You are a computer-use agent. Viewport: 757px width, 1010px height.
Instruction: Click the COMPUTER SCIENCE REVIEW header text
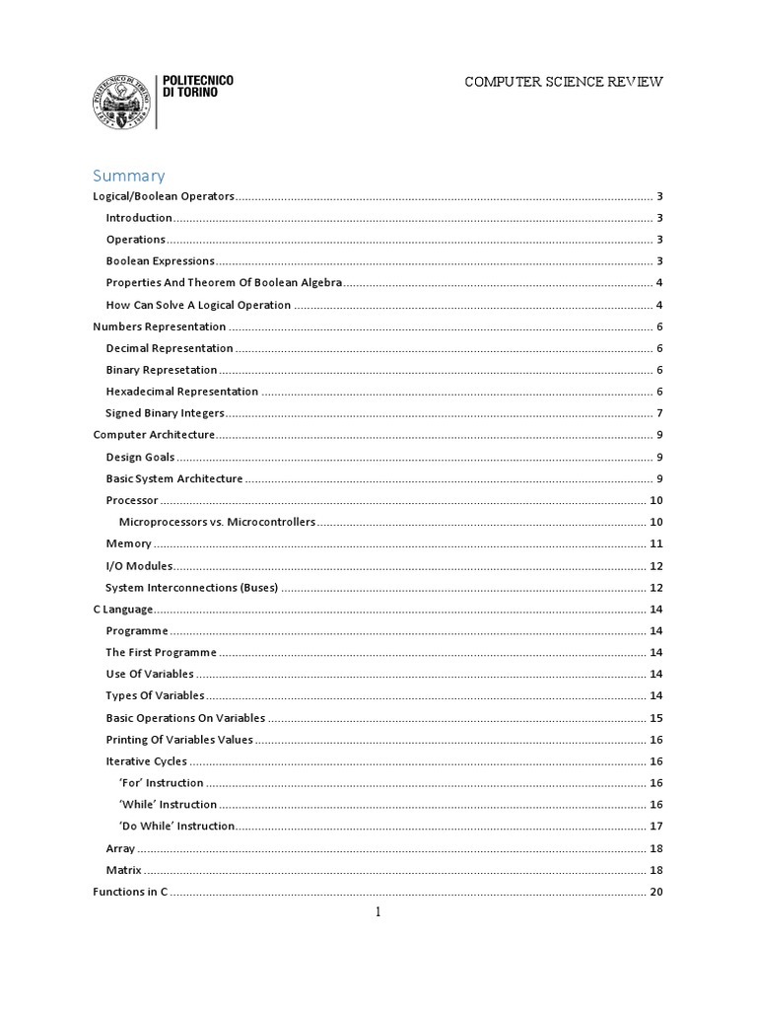pos(564,81)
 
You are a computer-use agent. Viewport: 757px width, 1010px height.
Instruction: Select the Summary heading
pos(129,176)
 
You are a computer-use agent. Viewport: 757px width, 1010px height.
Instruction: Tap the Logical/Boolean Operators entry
pos(164,196)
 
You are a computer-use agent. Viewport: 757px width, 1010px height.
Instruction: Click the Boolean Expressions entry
pos(160,261)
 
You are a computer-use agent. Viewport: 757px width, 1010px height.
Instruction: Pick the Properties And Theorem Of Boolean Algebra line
pos(224,283)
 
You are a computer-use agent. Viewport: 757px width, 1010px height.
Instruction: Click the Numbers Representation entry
pos(160,326)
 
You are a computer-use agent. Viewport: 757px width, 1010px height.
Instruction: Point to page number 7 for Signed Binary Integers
pos(658,413)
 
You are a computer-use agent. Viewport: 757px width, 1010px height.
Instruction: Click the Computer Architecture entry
pos(154,435)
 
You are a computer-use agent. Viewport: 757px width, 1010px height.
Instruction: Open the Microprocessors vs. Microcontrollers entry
pos(217,522)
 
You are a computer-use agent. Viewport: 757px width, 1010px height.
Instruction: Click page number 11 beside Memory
pos(655,543)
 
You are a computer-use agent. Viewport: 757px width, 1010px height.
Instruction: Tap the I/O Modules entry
pos(139,566)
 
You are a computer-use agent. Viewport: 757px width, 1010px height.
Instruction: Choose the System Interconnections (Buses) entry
pos(192,588)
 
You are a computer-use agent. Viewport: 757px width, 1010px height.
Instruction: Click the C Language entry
pos(123,610)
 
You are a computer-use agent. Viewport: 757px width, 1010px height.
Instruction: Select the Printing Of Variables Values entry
pos(179,740)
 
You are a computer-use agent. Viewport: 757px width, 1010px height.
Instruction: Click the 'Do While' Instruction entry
pos(176,827)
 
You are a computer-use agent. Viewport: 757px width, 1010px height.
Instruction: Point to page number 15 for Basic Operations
pos(655,718)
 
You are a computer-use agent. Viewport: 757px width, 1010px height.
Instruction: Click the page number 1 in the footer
pos(378,912)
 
